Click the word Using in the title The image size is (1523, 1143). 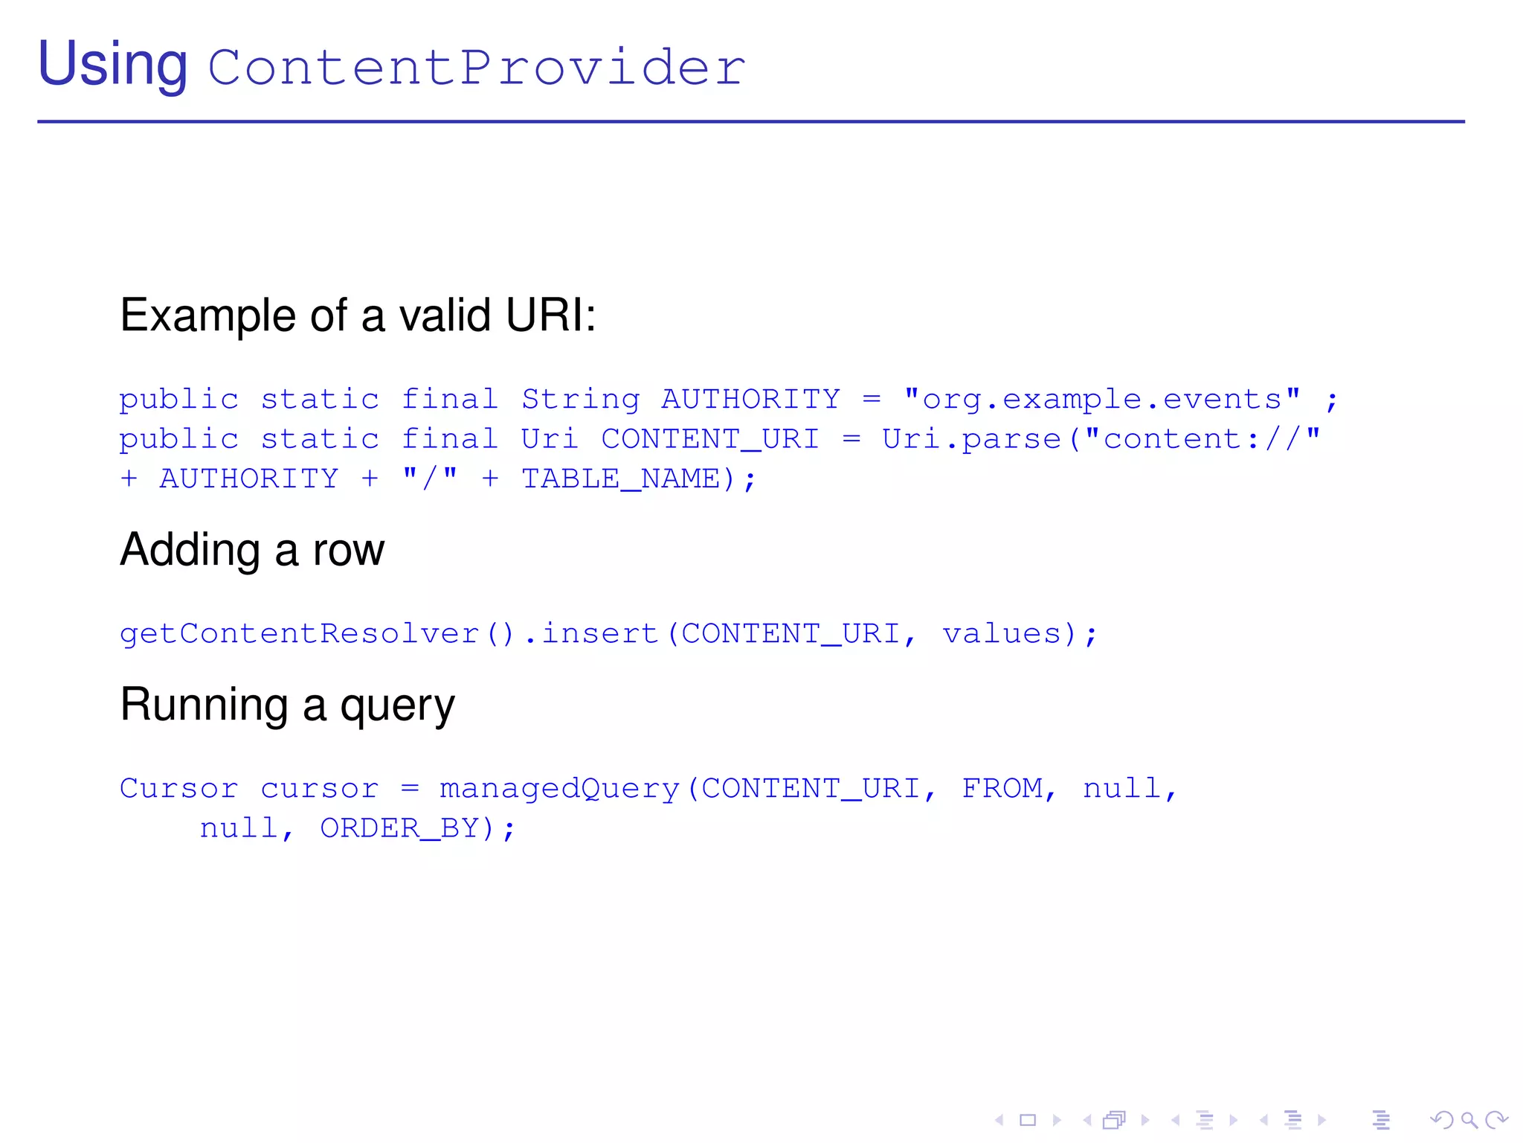pos(112,65)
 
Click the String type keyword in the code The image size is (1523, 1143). pos(580,400)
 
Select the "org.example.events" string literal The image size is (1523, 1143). pos(1102,400)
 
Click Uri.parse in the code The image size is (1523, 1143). pos(971,439)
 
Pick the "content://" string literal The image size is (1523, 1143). pos(1202,439)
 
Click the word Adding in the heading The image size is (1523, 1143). pos(190,551)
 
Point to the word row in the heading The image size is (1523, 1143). pos(349,551)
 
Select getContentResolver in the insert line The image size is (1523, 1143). pos(299,634)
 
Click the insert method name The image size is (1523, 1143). pos(599,634)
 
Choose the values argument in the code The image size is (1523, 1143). pos(1002,634)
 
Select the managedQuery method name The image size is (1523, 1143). pos(559,789)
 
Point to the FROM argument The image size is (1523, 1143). pos(1002,788)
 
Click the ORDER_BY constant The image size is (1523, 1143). pos(400,828)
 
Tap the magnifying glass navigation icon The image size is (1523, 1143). pos(1469,1120)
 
